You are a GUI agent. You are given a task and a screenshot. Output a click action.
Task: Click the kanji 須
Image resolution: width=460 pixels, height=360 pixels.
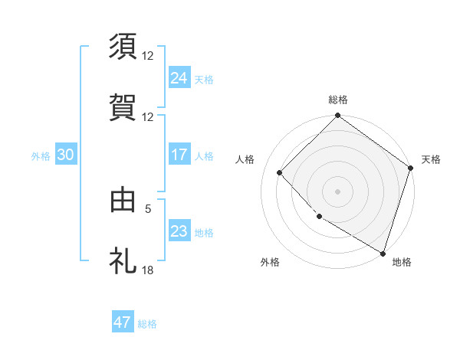(123, 46)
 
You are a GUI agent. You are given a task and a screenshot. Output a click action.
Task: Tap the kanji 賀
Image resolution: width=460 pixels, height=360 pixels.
(123, 107)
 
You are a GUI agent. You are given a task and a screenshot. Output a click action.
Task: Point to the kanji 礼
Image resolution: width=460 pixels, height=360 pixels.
(123, 260)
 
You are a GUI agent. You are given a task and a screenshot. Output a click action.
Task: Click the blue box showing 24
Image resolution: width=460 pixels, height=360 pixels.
(179, 77)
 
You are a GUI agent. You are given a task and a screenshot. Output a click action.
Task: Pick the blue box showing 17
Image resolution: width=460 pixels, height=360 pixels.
(179, 155)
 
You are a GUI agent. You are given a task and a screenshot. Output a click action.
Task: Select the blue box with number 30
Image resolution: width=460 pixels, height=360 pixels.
(65, 155)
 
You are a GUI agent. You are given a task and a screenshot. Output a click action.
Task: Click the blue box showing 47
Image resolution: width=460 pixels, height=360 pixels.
(123, 322)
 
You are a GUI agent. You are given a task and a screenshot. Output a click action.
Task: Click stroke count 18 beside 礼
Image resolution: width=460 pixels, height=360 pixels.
(148, 270)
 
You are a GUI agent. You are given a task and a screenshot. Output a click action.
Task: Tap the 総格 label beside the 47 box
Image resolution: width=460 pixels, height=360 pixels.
(147, 324)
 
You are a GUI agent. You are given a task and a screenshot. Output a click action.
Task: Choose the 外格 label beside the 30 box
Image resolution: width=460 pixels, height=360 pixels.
(41, 155)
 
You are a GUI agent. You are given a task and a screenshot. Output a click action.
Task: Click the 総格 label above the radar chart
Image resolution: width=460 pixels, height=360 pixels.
(338, 100)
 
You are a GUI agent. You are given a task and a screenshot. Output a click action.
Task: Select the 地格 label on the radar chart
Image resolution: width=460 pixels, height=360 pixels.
(402, 262)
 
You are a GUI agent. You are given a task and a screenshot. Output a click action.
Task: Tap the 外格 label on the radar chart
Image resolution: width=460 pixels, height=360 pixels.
(270, 262)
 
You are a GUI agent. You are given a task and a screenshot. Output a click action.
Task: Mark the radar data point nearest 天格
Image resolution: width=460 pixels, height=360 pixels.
(411, 169)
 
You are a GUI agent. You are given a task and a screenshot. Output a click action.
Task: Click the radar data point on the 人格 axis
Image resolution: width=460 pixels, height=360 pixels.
(280, 173)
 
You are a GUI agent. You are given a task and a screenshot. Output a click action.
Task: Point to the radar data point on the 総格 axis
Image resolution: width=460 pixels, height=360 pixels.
(338, 116)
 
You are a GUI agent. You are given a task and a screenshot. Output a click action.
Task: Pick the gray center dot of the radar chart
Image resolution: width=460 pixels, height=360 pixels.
(338, 191)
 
